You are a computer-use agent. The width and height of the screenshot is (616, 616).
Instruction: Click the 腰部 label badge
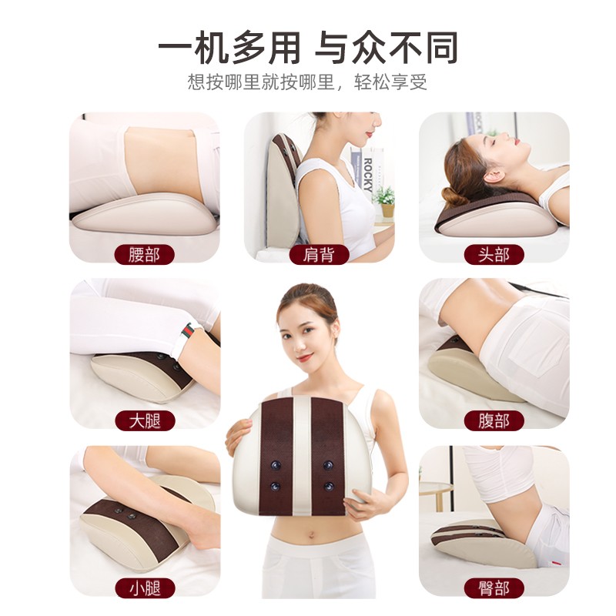pos(144,255)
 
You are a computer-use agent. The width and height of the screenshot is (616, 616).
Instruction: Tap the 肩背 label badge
pos(319,255)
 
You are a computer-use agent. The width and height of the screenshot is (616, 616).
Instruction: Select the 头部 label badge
pos(494,255)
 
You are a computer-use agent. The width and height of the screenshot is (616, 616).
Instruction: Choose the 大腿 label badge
pos(145,420)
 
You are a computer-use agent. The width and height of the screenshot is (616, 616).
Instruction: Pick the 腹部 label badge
pos(494,420)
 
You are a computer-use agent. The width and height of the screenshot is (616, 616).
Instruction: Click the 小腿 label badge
pos(145,588)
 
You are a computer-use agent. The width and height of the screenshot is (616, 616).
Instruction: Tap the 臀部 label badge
pos(494,588)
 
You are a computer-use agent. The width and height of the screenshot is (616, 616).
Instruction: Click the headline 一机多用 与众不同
pos(308,48)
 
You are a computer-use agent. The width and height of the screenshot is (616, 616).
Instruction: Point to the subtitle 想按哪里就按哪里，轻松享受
pos(307,82)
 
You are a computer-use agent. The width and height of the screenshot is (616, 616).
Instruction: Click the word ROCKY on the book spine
pos(368,175)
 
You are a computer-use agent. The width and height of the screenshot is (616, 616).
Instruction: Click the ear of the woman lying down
pos(494,176)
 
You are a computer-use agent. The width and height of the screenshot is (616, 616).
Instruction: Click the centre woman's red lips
pos(305,358)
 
